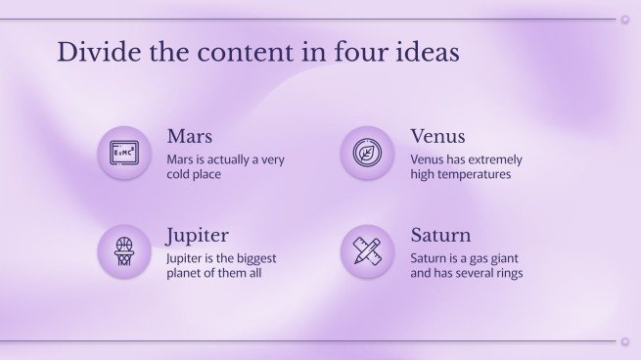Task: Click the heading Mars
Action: click(x=189, y=136)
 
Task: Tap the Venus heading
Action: click(x=437, y=136)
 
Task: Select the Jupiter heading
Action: click(x=197, y=236)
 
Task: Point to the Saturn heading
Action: click(x=440, y=236)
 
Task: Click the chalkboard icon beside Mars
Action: click(x=123, y=153)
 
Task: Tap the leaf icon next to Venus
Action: click(x=367, y=154)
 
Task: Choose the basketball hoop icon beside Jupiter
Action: click(x=123, y=251)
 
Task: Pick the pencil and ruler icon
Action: click(x=367, y=251)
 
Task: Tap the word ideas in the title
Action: click(x=429, y=52)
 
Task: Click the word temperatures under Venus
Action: click(x=476, y=174)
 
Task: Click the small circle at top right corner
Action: click(x=624, y=19)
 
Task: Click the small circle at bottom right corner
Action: click(x=624, y=341)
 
